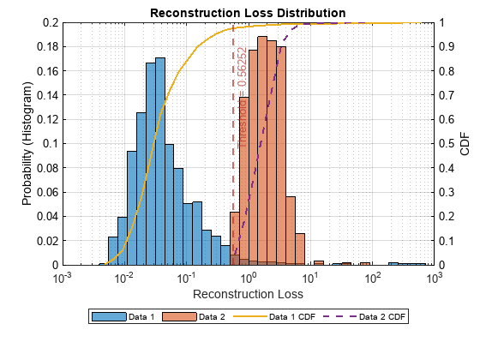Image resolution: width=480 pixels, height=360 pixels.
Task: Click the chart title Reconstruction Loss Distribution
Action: click(x=248, y=13)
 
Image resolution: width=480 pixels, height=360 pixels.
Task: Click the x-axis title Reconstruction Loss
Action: click(x=248, y=294)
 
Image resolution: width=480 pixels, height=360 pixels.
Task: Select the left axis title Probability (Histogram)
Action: click(x=27, y=144)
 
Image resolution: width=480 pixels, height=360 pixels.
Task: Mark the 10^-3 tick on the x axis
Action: click(x=63, y=278)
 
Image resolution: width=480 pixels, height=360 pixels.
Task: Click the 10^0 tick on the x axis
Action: click(x=249, y=278)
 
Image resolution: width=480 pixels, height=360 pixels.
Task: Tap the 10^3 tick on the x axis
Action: click(x=435, y=278)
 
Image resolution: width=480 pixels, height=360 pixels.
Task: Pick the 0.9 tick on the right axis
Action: click(x=448, y=47)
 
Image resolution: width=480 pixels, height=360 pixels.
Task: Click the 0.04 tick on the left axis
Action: click(x=45, y=217)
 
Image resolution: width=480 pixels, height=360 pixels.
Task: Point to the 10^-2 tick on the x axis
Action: click(x=124, y=278)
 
